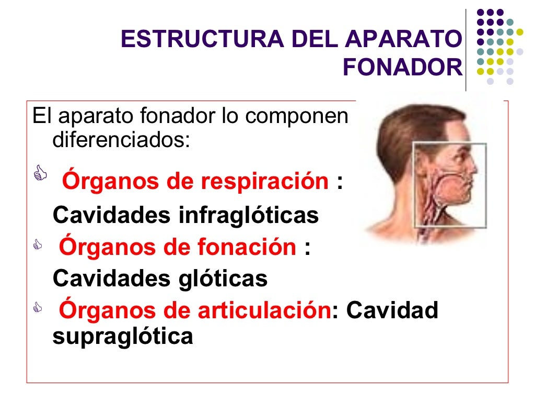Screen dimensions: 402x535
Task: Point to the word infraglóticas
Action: (x=249, y=215)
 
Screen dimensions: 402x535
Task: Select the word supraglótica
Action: (x=123, y=336)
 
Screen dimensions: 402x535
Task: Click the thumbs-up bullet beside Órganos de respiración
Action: (x=40, y=173)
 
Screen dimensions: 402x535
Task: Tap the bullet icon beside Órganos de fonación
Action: (x=37, y=244)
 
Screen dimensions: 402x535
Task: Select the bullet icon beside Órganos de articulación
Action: (x=37, y=308)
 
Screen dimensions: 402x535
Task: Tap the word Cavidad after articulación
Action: (x=392, y=310)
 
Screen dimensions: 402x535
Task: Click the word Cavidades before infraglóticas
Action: (x=112, y=215)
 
